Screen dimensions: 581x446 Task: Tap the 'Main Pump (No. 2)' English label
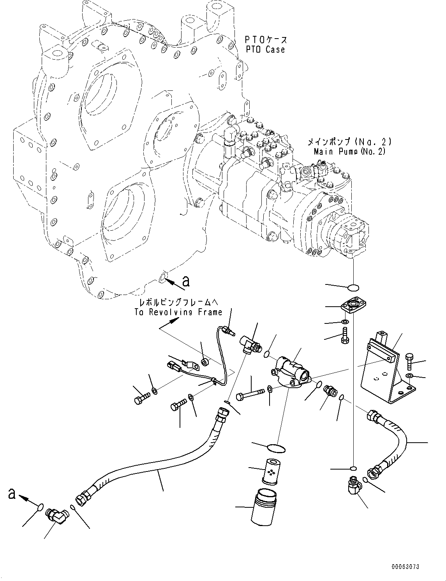(x=349, y=151)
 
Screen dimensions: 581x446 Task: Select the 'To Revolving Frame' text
(x=178, y=312)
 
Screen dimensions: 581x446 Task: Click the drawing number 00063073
(x=405, y=567)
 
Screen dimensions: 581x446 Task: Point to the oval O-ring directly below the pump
(x=353, y=288)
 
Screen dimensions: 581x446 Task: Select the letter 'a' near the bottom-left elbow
(x=12, y=494)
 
